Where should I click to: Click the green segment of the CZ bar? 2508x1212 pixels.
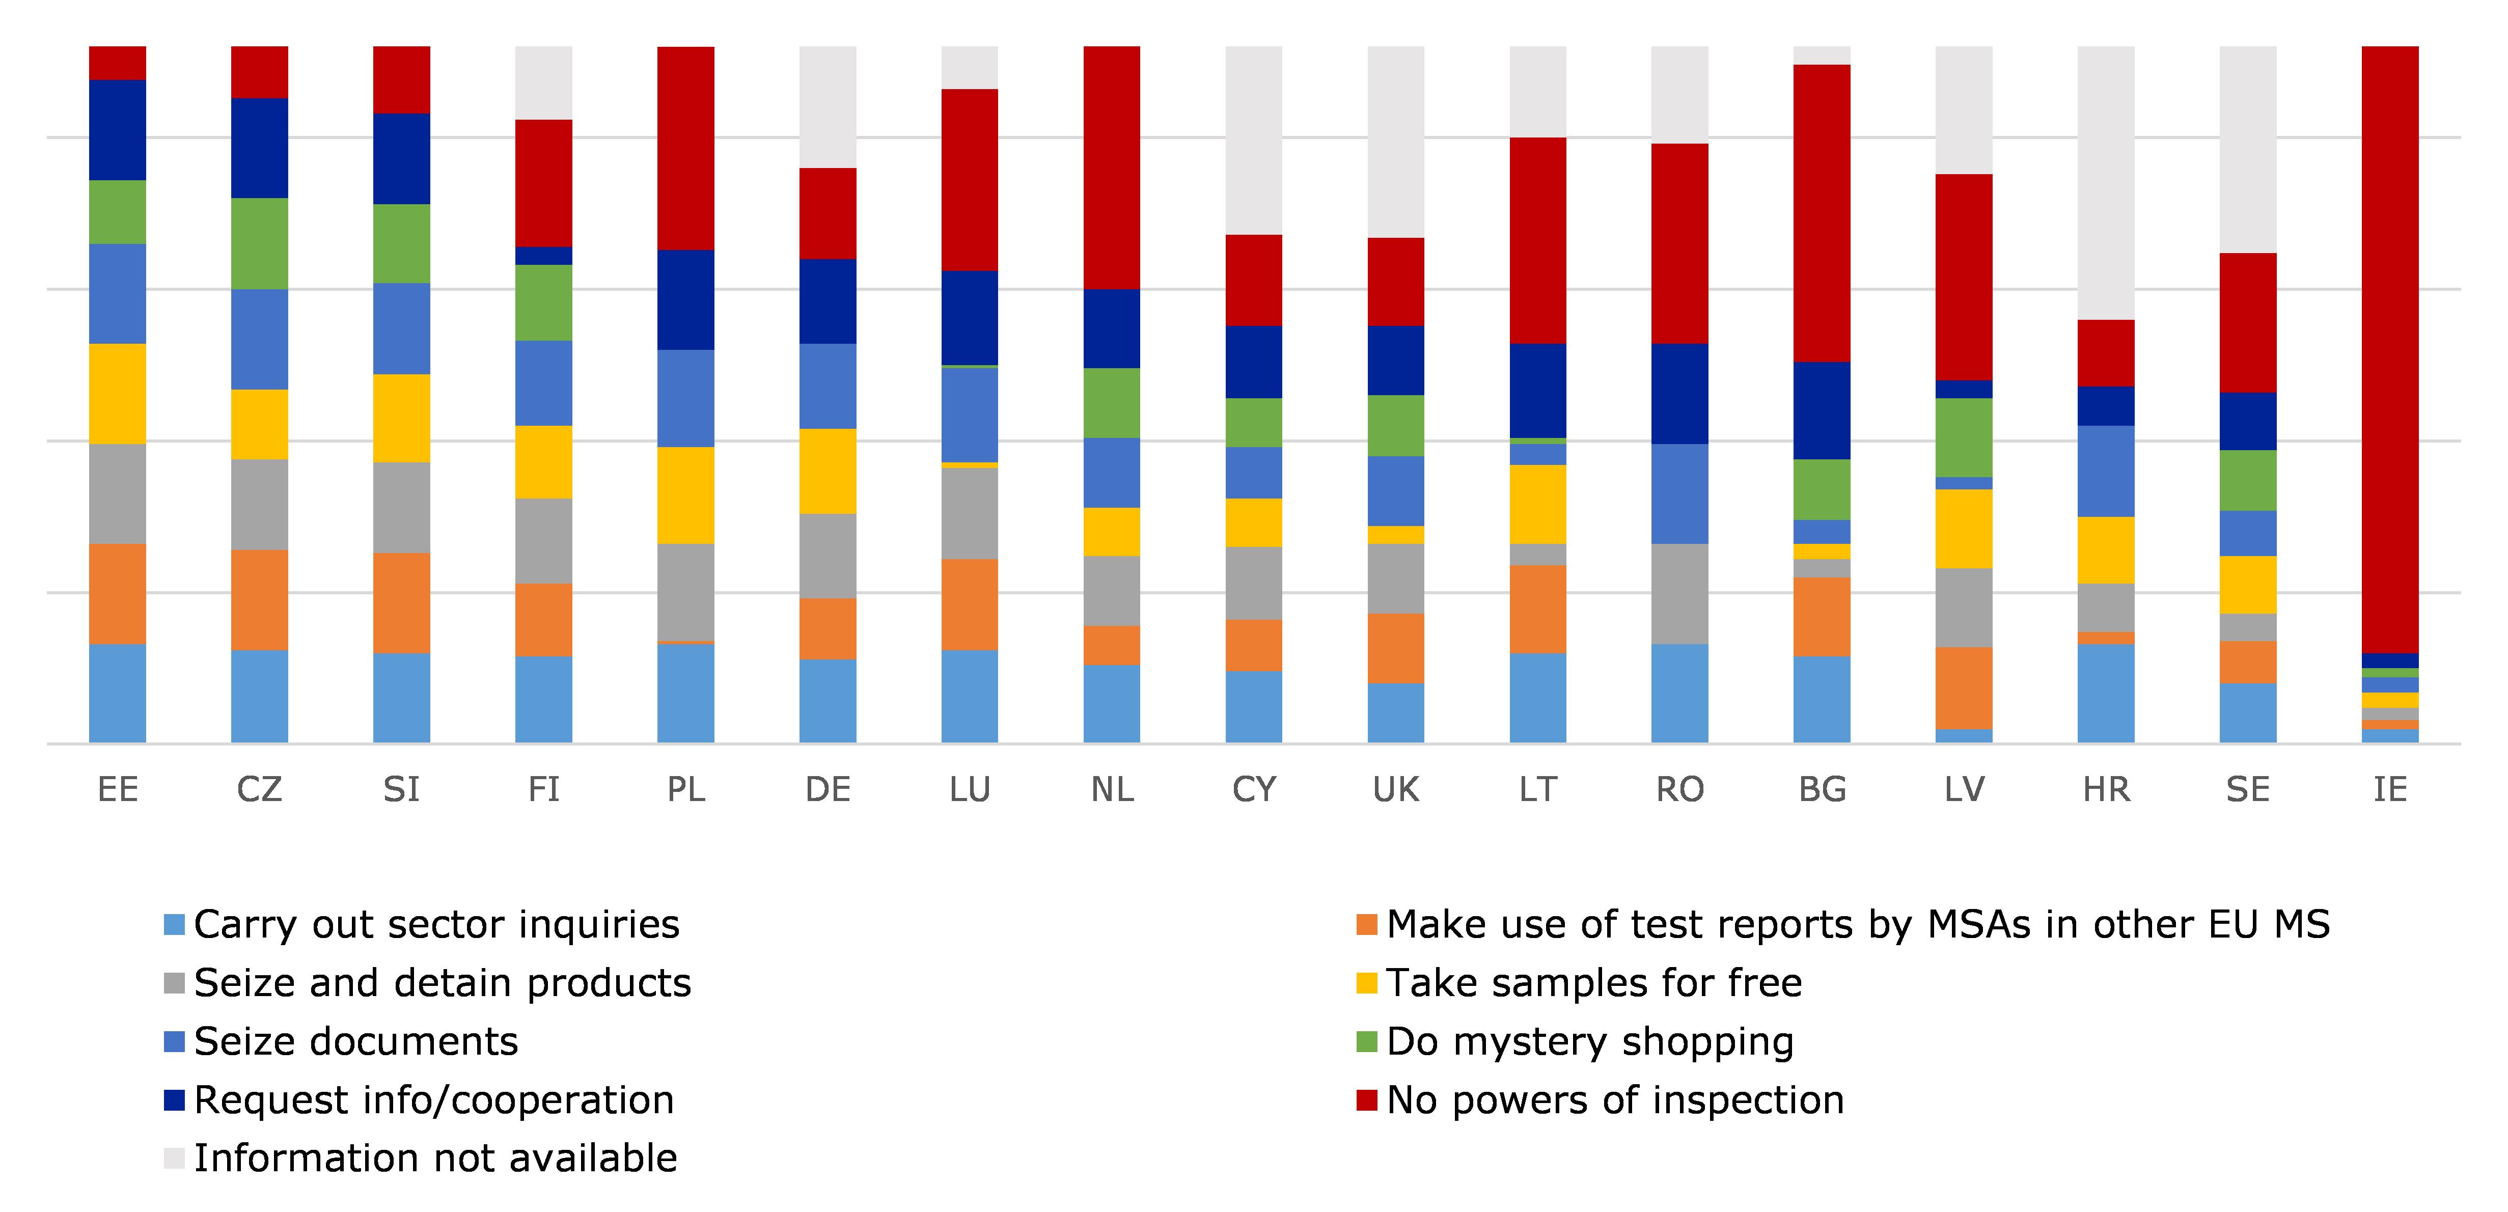(259, 243)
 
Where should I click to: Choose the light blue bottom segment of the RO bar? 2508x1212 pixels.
(1679, 693)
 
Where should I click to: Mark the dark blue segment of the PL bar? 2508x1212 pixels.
(685, 300)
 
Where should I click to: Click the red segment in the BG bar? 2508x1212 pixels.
(1822, 213)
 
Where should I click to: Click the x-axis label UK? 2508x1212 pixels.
(1395, 789)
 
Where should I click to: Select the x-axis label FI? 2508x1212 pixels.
(543, 789)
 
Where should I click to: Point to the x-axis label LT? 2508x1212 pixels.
(1537, 789)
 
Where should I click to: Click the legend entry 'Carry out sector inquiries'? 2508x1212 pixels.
(436, 925)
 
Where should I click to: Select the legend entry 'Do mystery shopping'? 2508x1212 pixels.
(1589, 1041)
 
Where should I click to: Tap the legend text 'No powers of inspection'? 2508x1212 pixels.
(1614, 1100)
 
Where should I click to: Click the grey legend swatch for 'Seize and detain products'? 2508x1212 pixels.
(174, 983)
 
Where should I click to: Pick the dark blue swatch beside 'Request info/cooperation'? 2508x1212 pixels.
(174, 1100)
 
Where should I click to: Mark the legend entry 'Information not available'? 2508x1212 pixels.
(435, 1159)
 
